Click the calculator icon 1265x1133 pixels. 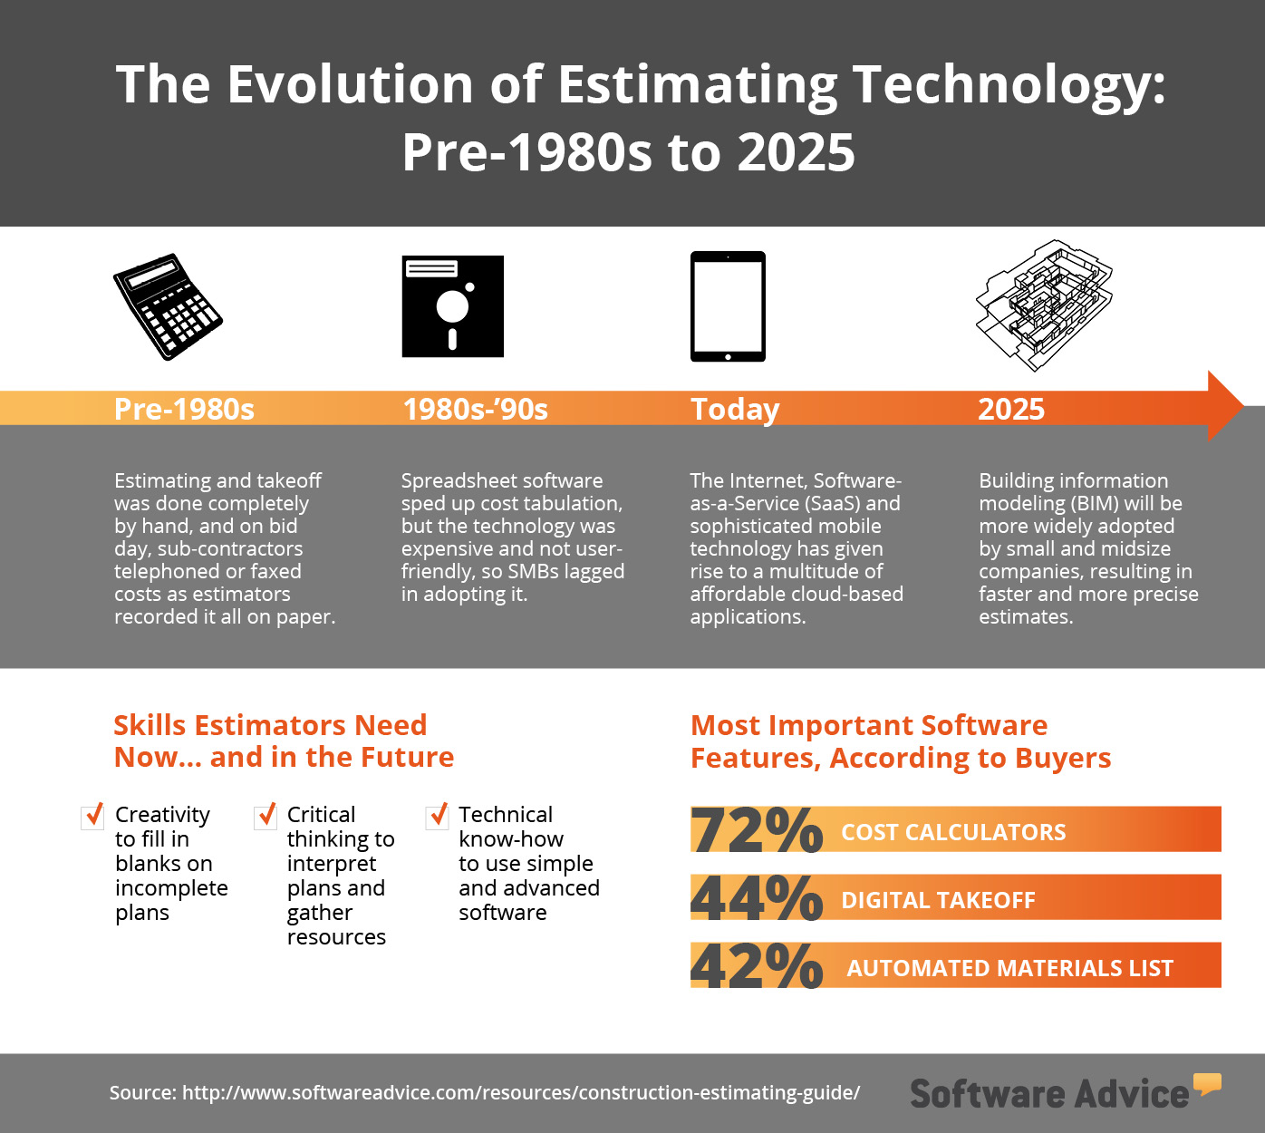(168, 306)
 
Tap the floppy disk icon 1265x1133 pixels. (453, 306)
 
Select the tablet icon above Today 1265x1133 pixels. (728, 306)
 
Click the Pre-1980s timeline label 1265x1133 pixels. (184, 409)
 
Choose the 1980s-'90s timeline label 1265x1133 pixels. (475, 409)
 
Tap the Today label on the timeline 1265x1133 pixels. (735, 409)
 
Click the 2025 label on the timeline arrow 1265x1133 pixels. (1011, 409)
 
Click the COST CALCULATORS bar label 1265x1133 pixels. (953, 832)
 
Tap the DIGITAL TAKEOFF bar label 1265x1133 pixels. (938, 900)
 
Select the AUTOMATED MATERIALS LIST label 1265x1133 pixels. (1009, 968)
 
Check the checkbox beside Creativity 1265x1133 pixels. (92, 816)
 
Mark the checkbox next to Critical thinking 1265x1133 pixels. (266, 816)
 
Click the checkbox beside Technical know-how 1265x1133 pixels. (437, 816)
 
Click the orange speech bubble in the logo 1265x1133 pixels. (1207, 1082)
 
